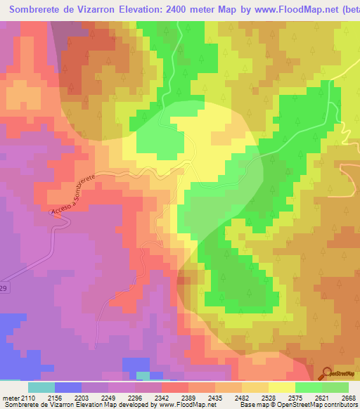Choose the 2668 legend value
(x=348, y=398)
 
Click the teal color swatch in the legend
(x=41, y=387)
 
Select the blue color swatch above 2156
(x=68, y=387)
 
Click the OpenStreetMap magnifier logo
(x=327, y=372)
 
